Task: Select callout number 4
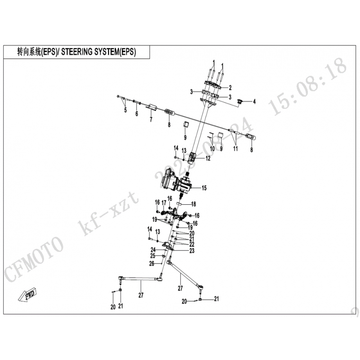coord(254,102)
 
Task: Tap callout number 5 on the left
coord(125,110)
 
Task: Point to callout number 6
coord(136,114)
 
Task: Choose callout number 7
coord(151,119)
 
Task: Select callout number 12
coord(208,158)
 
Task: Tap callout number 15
coord(204,188)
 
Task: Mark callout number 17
coord(164,203)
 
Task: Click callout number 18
coord(194,204)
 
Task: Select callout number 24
coord(153,249)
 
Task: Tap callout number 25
coord(153,256)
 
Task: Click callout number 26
coord(152,263)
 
